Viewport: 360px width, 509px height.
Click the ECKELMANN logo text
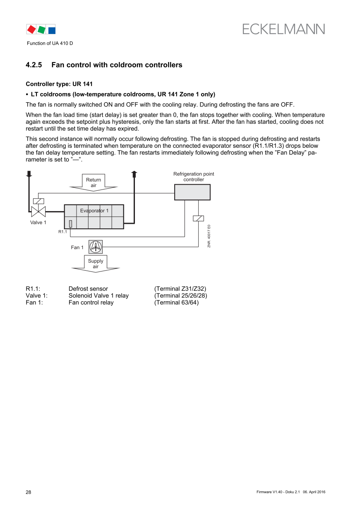283,29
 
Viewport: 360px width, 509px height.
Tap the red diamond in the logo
31,29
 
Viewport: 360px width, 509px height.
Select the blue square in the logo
52,30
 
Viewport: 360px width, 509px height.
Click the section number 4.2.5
34,65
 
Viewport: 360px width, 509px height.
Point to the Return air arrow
94,182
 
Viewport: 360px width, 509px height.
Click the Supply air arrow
96,264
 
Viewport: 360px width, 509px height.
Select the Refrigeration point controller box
192,192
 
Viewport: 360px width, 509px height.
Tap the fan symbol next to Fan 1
96,247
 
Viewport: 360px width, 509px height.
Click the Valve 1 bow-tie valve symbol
38,212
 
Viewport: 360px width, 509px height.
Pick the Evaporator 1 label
94,211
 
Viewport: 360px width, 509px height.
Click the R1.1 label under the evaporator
62,232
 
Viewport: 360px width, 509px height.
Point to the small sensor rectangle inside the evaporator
71,223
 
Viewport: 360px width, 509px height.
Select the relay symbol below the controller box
198,218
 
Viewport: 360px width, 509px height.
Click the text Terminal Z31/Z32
180,288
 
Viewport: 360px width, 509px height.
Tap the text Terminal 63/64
176,303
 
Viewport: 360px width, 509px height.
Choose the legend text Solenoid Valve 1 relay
98,295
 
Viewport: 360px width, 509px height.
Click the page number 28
29,492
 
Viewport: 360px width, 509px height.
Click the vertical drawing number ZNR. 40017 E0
209,236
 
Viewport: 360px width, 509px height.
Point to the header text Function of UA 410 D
50,43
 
